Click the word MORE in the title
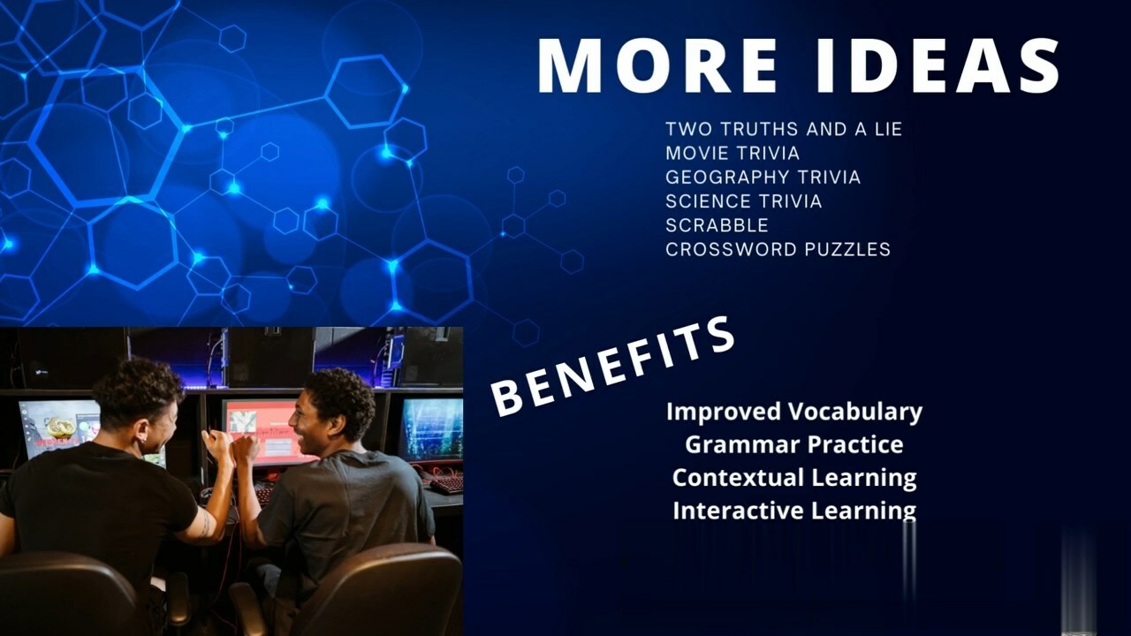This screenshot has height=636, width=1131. click(657, 65)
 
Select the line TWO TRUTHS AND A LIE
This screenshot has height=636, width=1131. click(784, 129)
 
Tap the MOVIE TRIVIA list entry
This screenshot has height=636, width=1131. click(732, 153)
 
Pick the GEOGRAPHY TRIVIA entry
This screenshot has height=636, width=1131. click(763, 178)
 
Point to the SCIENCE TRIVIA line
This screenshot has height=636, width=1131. click(744, 201)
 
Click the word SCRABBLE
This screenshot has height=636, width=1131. click(717, 225)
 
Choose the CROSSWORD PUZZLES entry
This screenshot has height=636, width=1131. click(778, 249)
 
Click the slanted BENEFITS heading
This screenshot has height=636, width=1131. click(613, 367)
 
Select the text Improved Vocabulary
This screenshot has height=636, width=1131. click(794, 412)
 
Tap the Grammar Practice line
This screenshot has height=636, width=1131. click(794, 444)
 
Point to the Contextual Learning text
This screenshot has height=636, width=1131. click(794, 478)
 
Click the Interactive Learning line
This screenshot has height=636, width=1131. click(794, 511)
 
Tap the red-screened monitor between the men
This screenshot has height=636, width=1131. click(262, 432)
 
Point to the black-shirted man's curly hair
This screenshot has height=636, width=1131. click(138, 388)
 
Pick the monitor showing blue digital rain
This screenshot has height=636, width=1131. click(432, 429)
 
